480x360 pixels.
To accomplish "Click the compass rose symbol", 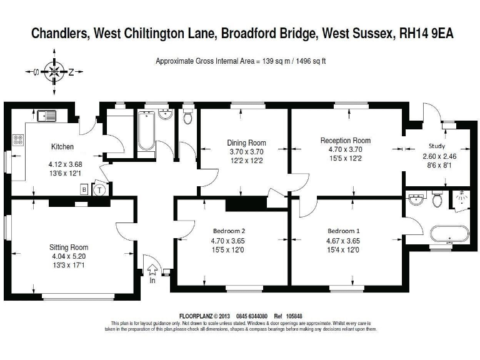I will [54, 72].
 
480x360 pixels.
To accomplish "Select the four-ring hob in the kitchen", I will [18, 141].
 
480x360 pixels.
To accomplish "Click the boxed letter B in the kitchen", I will [83, 190].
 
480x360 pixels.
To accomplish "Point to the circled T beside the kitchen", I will [99, 190].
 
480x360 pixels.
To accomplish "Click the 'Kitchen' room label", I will [62, 147].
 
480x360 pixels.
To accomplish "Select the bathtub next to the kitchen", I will [146, 131].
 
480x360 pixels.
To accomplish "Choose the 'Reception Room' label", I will [345, 141].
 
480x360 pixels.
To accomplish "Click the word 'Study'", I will [437, 146].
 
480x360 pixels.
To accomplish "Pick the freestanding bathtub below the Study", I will [449, 234].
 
